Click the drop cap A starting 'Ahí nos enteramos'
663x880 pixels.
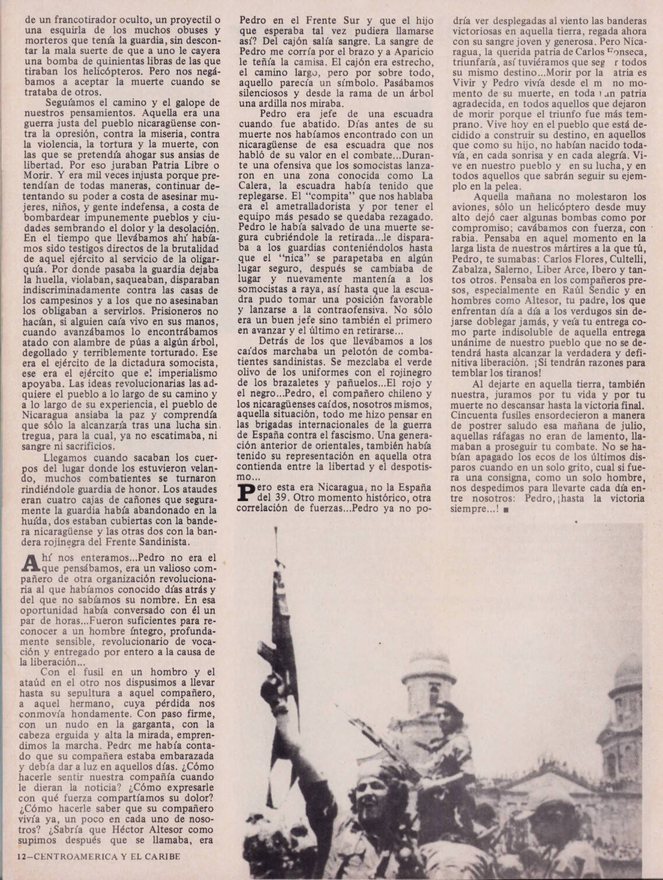29,562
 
